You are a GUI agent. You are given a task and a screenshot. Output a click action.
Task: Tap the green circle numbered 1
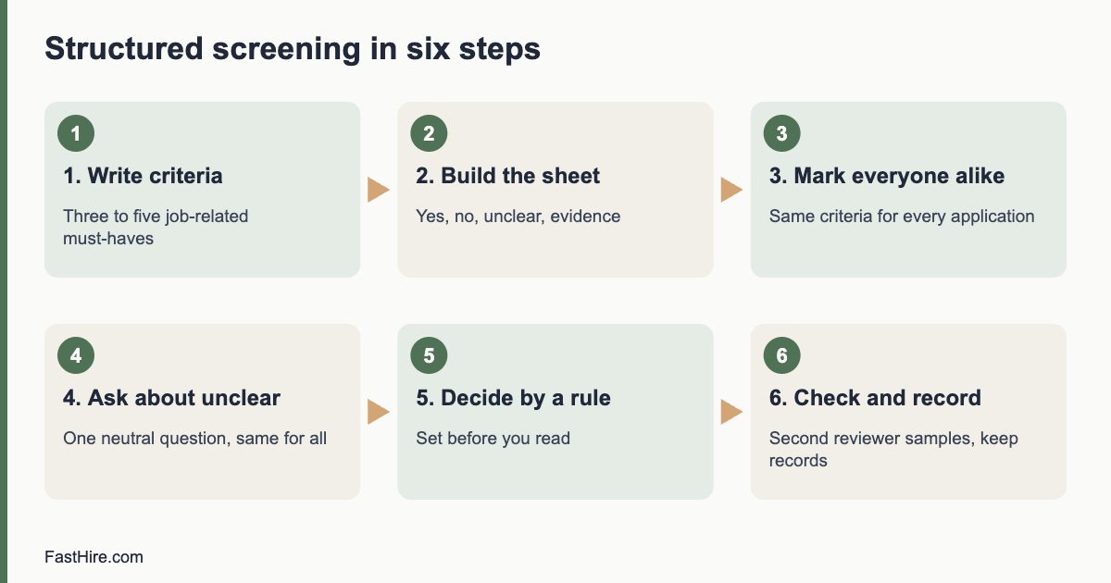[76, 133]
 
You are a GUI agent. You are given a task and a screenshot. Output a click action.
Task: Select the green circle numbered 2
[429, 133]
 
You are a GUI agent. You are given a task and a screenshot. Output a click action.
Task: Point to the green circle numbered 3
[781, 133]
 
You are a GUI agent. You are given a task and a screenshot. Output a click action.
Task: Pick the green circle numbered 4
[76, 355]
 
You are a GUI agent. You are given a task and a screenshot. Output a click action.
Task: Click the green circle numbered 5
[429, 355]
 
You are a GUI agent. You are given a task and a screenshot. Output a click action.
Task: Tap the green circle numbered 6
[781, 355]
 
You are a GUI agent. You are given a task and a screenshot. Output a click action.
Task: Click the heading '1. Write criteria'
[143, 176]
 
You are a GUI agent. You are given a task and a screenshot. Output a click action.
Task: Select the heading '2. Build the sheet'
[508, 176]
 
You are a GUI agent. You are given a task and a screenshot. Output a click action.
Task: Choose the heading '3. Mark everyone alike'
[887, 176]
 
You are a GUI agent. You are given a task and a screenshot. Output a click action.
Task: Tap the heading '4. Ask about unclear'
[171, 398]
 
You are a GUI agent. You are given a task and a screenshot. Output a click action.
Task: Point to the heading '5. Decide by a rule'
[513, 398]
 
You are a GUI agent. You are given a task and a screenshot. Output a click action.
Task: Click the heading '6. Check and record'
[875, 398]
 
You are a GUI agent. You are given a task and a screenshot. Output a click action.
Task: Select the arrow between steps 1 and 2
[379, 190]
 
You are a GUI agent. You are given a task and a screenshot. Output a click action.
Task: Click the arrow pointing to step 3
[731, 190]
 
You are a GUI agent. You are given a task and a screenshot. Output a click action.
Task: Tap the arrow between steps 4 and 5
[379, 412]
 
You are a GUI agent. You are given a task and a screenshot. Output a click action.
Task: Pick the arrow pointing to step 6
[731, 412]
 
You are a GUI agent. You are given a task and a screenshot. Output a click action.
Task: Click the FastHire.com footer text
[94, 557]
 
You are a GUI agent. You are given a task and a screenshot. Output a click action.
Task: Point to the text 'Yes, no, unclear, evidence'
[518, 217]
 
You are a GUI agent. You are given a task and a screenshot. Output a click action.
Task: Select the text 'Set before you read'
[493, 439]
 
